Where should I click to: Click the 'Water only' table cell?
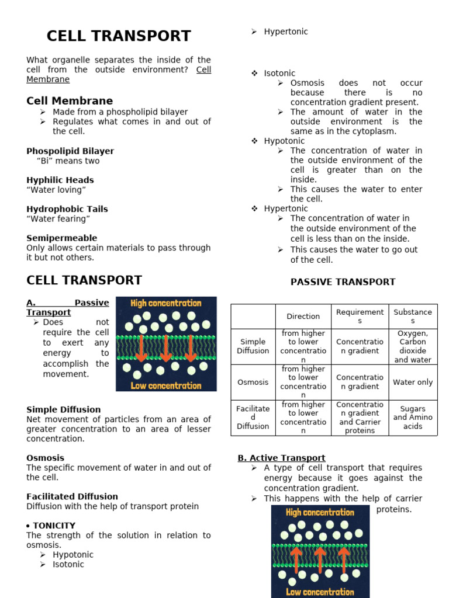pyautogui.click(x=413, y=382)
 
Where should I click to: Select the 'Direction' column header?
pyautogui.click(x=303, y=317)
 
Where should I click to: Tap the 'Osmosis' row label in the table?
pyautogui.click(x=253, y=382)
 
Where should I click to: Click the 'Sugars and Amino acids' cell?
pyautogui.click(x=413, y=418)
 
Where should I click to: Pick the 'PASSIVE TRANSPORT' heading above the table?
pyautogui.click(x=343, y=282)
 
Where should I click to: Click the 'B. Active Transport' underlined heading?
pyautogui.click(x=281, y=458)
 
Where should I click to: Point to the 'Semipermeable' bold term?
pyautogui.click(x=62, y=238)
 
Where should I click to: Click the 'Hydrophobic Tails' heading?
pyautogui.click(x=67, y=209)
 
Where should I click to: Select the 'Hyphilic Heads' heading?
pyautogui.click(x=60, y=180)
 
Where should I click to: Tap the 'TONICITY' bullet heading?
pyautogui.click(x=54, y=526)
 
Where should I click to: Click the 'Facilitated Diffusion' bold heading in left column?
pyautogui.click(x=72, y=496)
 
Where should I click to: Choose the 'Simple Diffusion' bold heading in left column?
pyautogui.click(x=63, y=409)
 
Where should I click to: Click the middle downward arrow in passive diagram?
pyautogui.click(x=166, y=349)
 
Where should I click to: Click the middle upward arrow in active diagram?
pyautogui.click(x=320, y=559)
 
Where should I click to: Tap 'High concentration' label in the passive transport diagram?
pyautogui.click(x=166, y=303)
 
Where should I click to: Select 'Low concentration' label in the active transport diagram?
pyautogui.click(x=320, y=592)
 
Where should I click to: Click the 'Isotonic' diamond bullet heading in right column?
pyautogui.click(x=279, y=74)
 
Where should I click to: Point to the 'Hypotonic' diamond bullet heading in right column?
pyautogui.click(x=284, y=141)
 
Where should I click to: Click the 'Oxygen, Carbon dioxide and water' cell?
pyautogui.click(x=413, y=346)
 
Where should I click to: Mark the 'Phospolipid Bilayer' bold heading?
pyautogui.click(x=70, y=151)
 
